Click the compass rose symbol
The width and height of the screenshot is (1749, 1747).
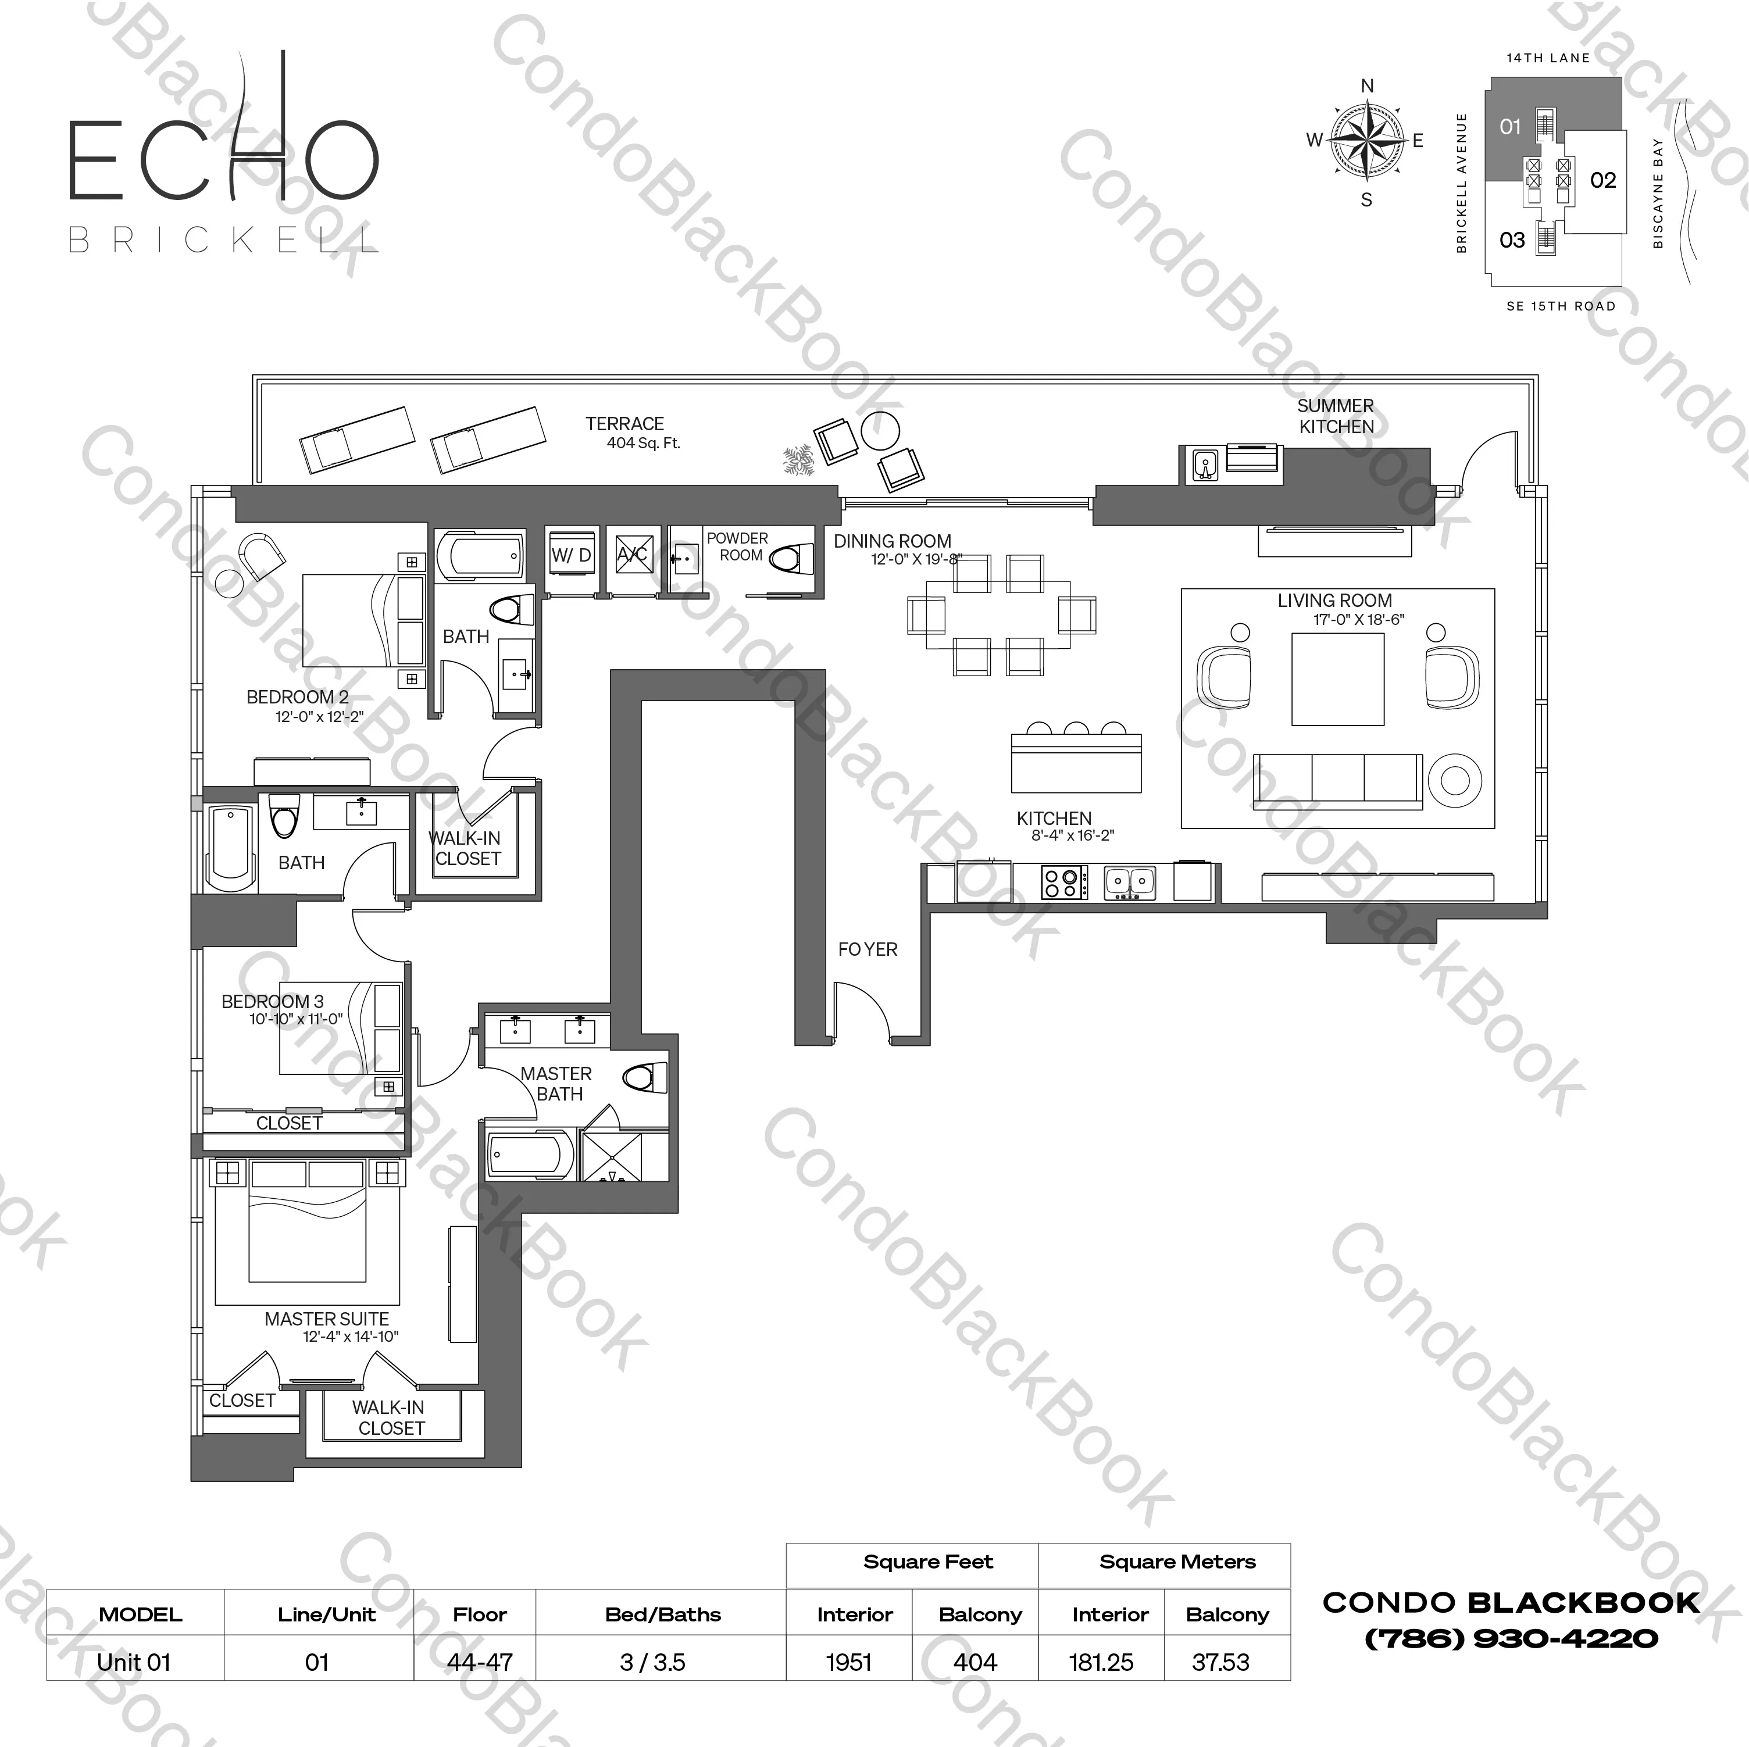point(1367,140)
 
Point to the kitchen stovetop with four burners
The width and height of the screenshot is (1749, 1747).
point(1063,882)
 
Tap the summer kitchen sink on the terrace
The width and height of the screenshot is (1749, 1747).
point(1204,465)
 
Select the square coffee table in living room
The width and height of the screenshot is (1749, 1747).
point(1337,679)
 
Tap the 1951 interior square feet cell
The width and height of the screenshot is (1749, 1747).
point(848,1662)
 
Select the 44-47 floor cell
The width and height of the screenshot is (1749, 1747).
point(479,1662)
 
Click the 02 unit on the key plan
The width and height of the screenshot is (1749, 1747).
point(1602,180)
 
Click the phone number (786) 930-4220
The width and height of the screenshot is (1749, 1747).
point(1510,1638)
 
